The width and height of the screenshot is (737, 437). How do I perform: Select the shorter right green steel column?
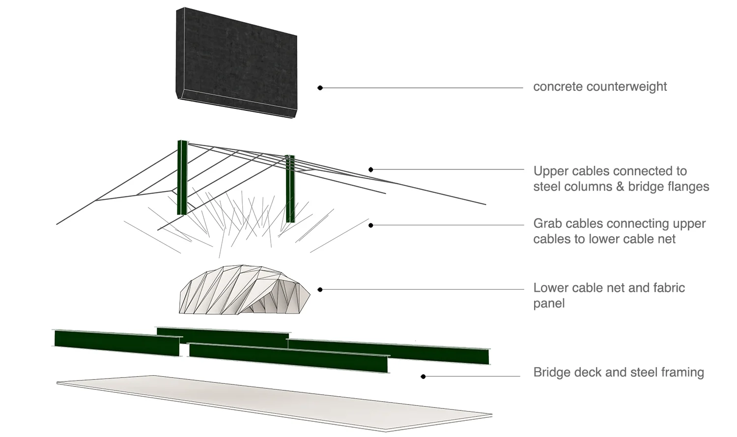pyautogui.click(x=290, y=189)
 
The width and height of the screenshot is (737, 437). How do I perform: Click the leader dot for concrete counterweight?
pyautogui.click(x=320, y=88)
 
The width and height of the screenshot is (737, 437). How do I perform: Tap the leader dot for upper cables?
pyautogui.click(x=371, y=169)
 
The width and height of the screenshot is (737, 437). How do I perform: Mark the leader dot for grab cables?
pyautogui.click(x=371, y=225)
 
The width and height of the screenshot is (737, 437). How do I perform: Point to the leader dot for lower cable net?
pyautogui.click(x=320, y=290)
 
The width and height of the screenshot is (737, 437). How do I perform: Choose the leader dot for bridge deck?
pyautogui.click(x=423, y=377)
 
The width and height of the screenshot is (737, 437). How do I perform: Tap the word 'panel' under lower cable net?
pyautogui.click(x=549, y=303)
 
